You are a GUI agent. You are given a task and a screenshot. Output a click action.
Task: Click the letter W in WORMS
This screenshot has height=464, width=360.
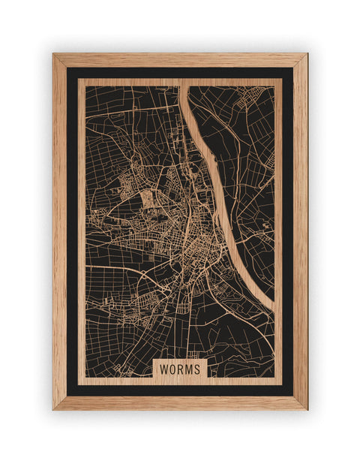163,369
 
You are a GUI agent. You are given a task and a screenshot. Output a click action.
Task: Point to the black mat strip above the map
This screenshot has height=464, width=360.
180,73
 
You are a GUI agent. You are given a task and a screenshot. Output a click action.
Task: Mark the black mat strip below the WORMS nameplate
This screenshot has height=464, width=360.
180,390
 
